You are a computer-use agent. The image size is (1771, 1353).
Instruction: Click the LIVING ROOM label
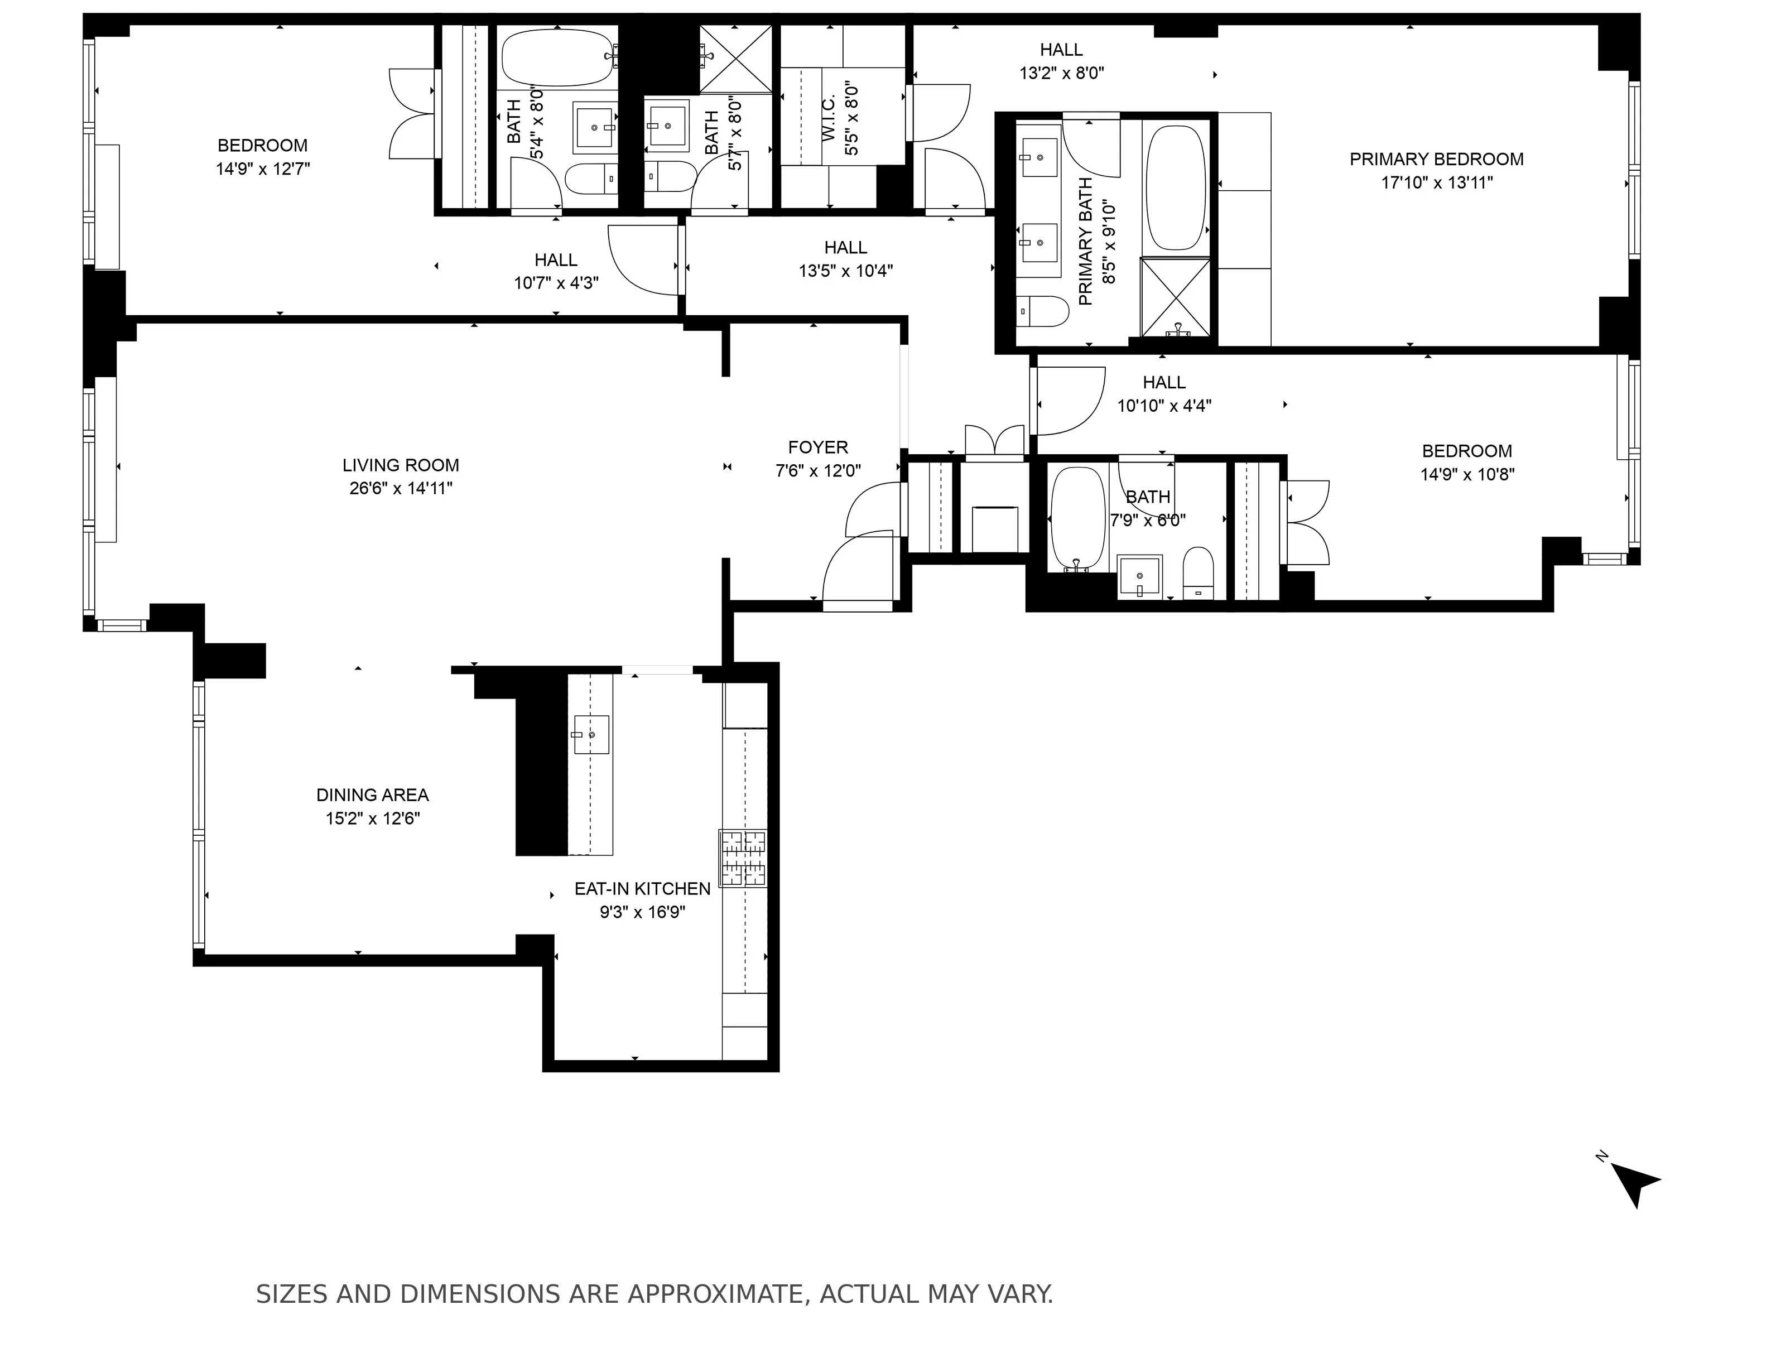[x=400, y=465]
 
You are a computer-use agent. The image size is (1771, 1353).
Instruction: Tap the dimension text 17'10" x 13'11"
[x=1437, y=183]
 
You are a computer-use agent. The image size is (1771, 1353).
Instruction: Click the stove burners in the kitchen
[x=743, y=859]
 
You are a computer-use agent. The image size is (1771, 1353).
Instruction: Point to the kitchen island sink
[x=590, y=734]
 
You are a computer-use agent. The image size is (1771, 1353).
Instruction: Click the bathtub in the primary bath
[x=1176, y=187]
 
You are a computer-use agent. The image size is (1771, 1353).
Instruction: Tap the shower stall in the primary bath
[x=1176, y=296]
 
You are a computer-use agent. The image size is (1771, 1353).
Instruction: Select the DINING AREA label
[x=372, y=795]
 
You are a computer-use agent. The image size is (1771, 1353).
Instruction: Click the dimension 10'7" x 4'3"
[x=556, y=283]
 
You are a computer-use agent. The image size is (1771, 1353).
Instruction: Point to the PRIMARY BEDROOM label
[x=1437, y=160]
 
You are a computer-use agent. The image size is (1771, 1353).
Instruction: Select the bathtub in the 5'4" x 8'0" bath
[x=556, y=58]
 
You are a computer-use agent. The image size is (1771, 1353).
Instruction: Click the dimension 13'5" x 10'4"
[x=846, y=271]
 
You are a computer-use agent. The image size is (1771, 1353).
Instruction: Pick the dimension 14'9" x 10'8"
[x=1466, y=474]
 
